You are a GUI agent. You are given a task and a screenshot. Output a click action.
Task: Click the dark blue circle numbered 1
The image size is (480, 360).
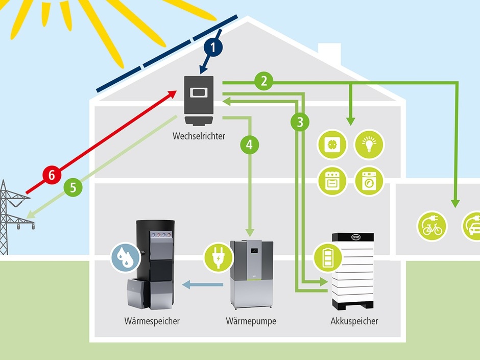pyautogui.click(x=213, y=47)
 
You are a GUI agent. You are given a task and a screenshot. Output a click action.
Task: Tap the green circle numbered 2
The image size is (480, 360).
pyautogui.click(x=263, y=80)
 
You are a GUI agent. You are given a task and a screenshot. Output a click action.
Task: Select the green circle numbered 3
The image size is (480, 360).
pyautogui.click(x=300, y=122)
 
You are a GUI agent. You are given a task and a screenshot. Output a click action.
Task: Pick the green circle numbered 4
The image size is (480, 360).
pyautogui.click(x=249, y=145)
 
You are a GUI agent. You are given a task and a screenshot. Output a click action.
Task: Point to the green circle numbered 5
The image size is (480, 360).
pyautogui.click(x=73, y=187)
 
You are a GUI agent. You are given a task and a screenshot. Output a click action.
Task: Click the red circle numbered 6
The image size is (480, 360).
pyautogui.click(x=52, y=175)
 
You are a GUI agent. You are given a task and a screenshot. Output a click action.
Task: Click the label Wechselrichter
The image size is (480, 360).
pyautogui.click(x=199, y=136)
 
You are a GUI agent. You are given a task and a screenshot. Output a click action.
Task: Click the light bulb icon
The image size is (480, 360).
pyautogui.click(x=369, y=145)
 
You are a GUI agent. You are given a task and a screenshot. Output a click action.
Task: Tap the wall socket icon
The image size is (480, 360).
pyautogui.click(x=332, y=145)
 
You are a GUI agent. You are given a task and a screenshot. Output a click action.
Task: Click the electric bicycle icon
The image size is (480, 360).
pyautogui.click(x=432, y=226)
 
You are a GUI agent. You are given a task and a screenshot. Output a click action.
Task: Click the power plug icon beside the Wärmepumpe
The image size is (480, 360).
pyautogui.click(x=218, y=257)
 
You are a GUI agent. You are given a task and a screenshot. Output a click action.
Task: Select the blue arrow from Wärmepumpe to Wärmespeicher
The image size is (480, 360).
pyautogui.click(x=204, y=285)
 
